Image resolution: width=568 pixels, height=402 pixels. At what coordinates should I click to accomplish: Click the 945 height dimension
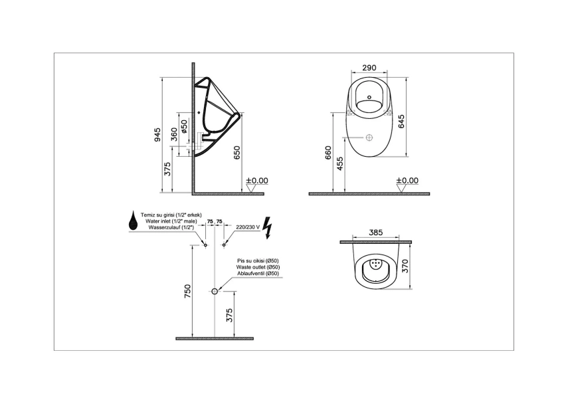click(157, 135)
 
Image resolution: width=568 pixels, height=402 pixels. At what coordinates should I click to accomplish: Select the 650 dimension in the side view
click(237, 152)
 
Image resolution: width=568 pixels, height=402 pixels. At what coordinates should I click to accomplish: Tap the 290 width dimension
click(371, 67)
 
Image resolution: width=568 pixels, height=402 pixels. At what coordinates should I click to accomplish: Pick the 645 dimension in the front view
click(401, 120)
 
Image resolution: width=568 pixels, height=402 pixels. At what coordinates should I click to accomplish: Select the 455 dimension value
click(340, 164)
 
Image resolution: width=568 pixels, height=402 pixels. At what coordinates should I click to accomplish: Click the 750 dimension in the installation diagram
click(188, 290)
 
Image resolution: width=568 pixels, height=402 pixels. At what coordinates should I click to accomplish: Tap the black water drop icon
click(134, 223)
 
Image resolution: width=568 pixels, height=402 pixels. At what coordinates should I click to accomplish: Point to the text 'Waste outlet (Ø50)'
click(258, 267)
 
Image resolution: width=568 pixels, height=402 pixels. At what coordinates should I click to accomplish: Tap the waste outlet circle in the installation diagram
click(215, 291)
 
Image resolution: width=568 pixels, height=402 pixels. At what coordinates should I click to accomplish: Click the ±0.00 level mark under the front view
click(407, 180)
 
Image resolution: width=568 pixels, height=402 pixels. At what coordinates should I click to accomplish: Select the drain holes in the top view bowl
click(377, 264)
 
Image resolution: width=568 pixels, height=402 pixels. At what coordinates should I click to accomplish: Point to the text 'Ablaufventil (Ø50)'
click(258, 273)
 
